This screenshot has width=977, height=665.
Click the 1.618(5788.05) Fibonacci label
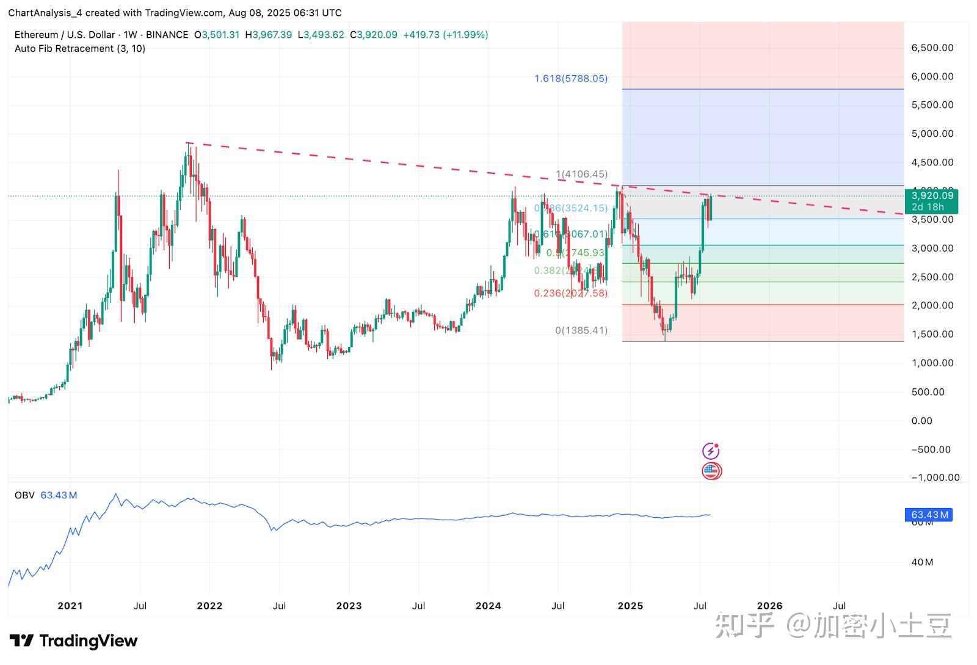571,79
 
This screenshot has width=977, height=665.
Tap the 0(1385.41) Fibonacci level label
581,330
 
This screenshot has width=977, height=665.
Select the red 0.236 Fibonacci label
570,293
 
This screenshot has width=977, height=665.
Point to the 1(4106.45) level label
581,174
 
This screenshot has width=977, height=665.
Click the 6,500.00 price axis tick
932,48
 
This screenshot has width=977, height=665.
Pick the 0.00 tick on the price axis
921,421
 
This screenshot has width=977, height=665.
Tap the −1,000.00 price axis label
935,478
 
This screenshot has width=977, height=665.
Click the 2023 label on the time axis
349,606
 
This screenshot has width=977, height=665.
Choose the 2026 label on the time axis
769,606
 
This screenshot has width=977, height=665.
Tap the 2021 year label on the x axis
70,606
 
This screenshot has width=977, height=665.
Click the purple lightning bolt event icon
711,451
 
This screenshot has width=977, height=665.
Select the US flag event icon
711,471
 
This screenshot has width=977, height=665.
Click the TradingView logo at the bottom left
73,641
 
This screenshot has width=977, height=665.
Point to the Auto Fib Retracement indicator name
79,49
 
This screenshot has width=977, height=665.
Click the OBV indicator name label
24,495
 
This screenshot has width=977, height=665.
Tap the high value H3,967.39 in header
268,35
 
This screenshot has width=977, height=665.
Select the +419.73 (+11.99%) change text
445,35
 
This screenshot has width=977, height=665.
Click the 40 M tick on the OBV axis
922,562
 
